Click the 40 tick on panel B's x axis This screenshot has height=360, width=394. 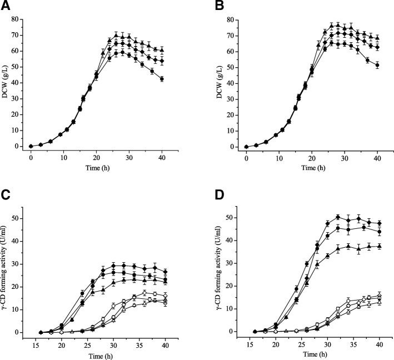377,158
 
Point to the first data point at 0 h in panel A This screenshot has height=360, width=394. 31,146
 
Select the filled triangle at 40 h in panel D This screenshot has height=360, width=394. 378,246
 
